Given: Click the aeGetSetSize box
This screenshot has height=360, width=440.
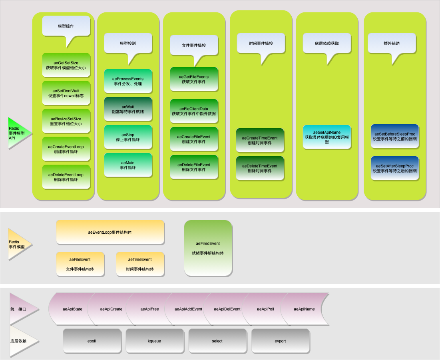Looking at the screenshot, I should (66, 65).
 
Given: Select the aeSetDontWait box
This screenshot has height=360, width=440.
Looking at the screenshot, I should (66, 93).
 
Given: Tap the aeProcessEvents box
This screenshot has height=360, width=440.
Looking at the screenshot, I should (128, 81).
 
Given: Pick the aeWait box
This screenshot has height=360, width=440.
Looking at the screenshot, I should (128, 109).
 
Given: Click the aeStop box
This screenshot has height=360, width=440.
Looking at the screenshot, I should (128, 137).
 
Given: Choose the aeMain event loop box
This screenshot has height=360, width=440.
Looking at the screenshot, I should (128, 165).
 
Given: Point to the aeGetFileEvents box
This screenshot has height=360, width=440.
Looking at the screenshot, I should (194, 79).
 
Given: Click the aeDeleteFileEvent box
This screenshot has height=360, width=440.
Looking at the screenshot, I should (194, 167).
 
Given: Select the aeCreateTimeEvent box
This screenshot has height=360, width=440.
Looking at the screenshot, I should (260, 140).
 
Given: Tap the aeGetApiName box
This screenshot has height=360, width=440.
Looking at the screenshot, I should (327, 137).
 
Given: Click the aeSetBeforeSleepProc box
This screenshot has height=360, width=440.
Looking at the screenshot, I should (395, 136).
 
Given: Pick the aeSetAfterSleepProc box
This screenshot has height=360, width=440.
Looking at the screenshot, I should (395, 168).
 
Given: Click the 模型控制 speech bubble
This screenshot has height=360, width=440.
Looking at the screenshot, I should (128, 43).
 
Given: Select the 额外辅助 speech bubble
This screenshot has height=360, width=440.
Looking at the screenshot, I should (392, 43).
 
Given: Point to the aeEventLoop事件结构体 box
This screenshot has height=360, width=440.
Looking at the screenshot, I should (110, 232).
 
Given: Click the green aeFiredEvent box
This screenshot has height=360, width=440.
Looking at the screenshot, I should (208, 248).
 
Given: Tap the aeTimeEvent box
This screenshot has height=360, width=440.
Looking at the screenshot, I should (140, 264).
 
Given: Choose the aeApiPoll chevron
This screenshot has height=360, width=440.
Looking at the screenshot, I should (265, 309).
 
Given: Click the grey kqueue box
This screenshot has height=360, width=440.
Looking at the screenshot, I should (155, 341).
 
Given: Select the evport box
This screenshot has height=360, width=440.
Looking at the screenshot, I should (280, 341).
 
